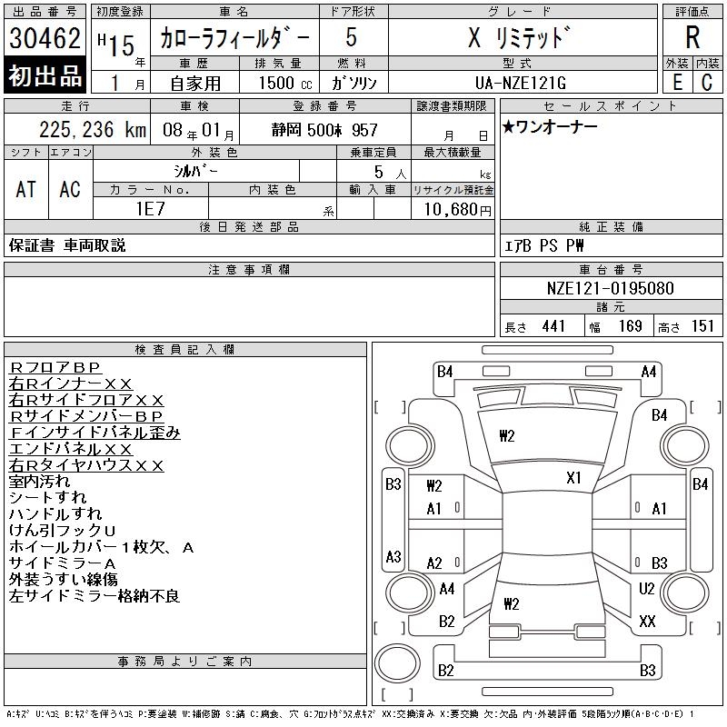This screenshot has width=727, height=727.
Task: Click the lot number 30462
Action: [x=45, y=38]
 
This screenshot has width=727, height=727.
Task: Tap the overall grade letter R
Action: [x=692, y=37]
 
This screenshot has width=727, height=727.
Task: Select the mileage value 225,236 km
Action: [x=93, y=129]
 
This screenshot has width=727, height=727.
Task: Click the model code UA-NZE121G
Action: [x=520, y=83]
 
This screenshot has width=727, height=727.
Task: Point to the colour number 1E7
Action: [x=151, y=209]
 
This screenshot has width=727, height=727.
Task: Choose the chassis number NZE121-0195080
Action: [x=610, y=288]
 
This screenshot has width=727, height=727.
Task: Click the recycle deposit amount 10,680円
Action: [x=457, y=209]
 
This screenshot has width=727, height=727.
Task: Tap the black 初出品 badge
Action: [x=45, y=75]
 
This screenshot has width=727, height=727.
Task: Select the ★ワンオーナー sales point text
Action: [x=550, y=126]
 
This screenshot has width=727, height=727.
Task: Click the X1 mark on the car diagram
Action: [x=573, y=478]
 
